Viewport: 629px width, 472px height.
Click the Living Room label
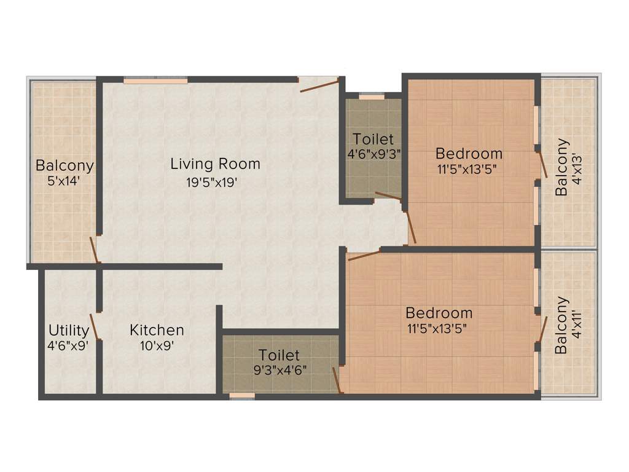(x=215, y=164)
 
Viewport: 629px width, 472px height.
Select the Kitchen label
(x=157, y=330)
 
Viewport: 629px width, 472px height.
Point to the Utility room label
(x=68, y=330)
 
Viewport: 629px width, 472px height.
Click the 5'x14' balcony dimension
(x=64, y=181)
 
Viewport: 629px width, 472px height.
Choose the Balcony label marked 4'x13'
(x=561, y=167)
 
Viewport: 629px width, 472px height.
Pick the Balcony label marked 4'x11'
(x=561, y=325)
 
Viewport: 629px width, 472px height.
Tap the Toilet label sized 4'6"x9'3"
(x=373, y=140)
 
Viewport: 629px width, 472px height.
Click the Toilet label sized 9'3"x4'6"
(x=279, y=355)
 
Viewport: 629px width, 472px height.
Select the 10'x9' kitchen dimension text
(x=157, y=345)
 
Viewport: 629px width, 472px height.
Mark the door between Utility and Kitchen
(x=95, y=326)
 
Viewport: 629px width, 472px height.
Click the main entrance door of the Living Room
(x=319, y=85)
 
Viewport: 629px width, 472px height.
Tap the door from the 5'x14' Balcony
(x=94, y=249)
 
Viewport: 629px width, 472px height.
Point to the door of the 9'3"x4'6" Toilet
(x=337, y=379)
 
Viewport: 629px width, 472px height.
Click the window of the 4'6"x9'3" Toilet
(x=371, y=96)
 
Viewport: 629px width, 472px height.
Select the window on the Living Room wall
(x=155, y=80)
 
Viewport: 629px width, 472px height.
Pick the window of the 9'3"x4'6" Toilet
(x=242, y=396)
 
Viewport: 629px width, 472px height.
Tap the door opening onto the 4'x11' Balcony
(x=542, y=329)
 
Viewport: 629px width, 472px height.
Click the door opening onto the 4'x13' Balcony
(x=542, y=164)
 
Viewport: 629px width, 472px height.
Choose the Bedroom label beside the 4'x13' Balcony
(x=469, y=153)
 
